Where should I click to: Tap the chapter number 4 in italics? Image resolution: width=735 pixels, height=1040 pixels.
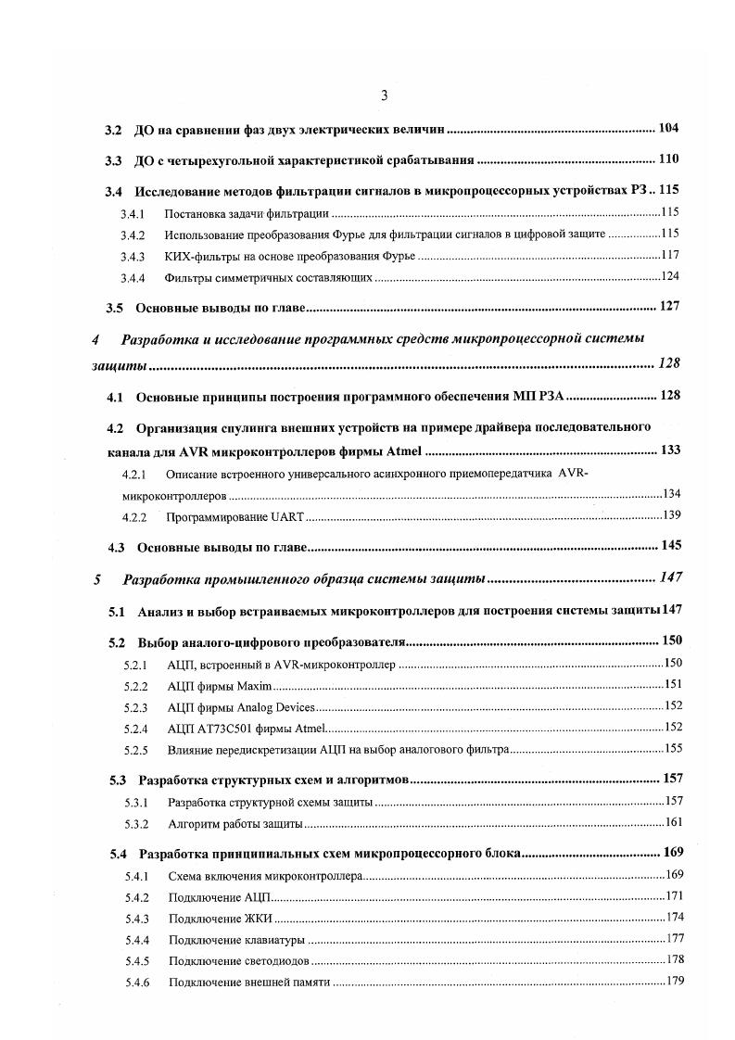pyautogui.click(x=96, y=339)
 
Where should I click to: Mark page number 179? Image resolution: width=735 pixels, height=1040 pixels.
pyautogui.click(x=674, y=982)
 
